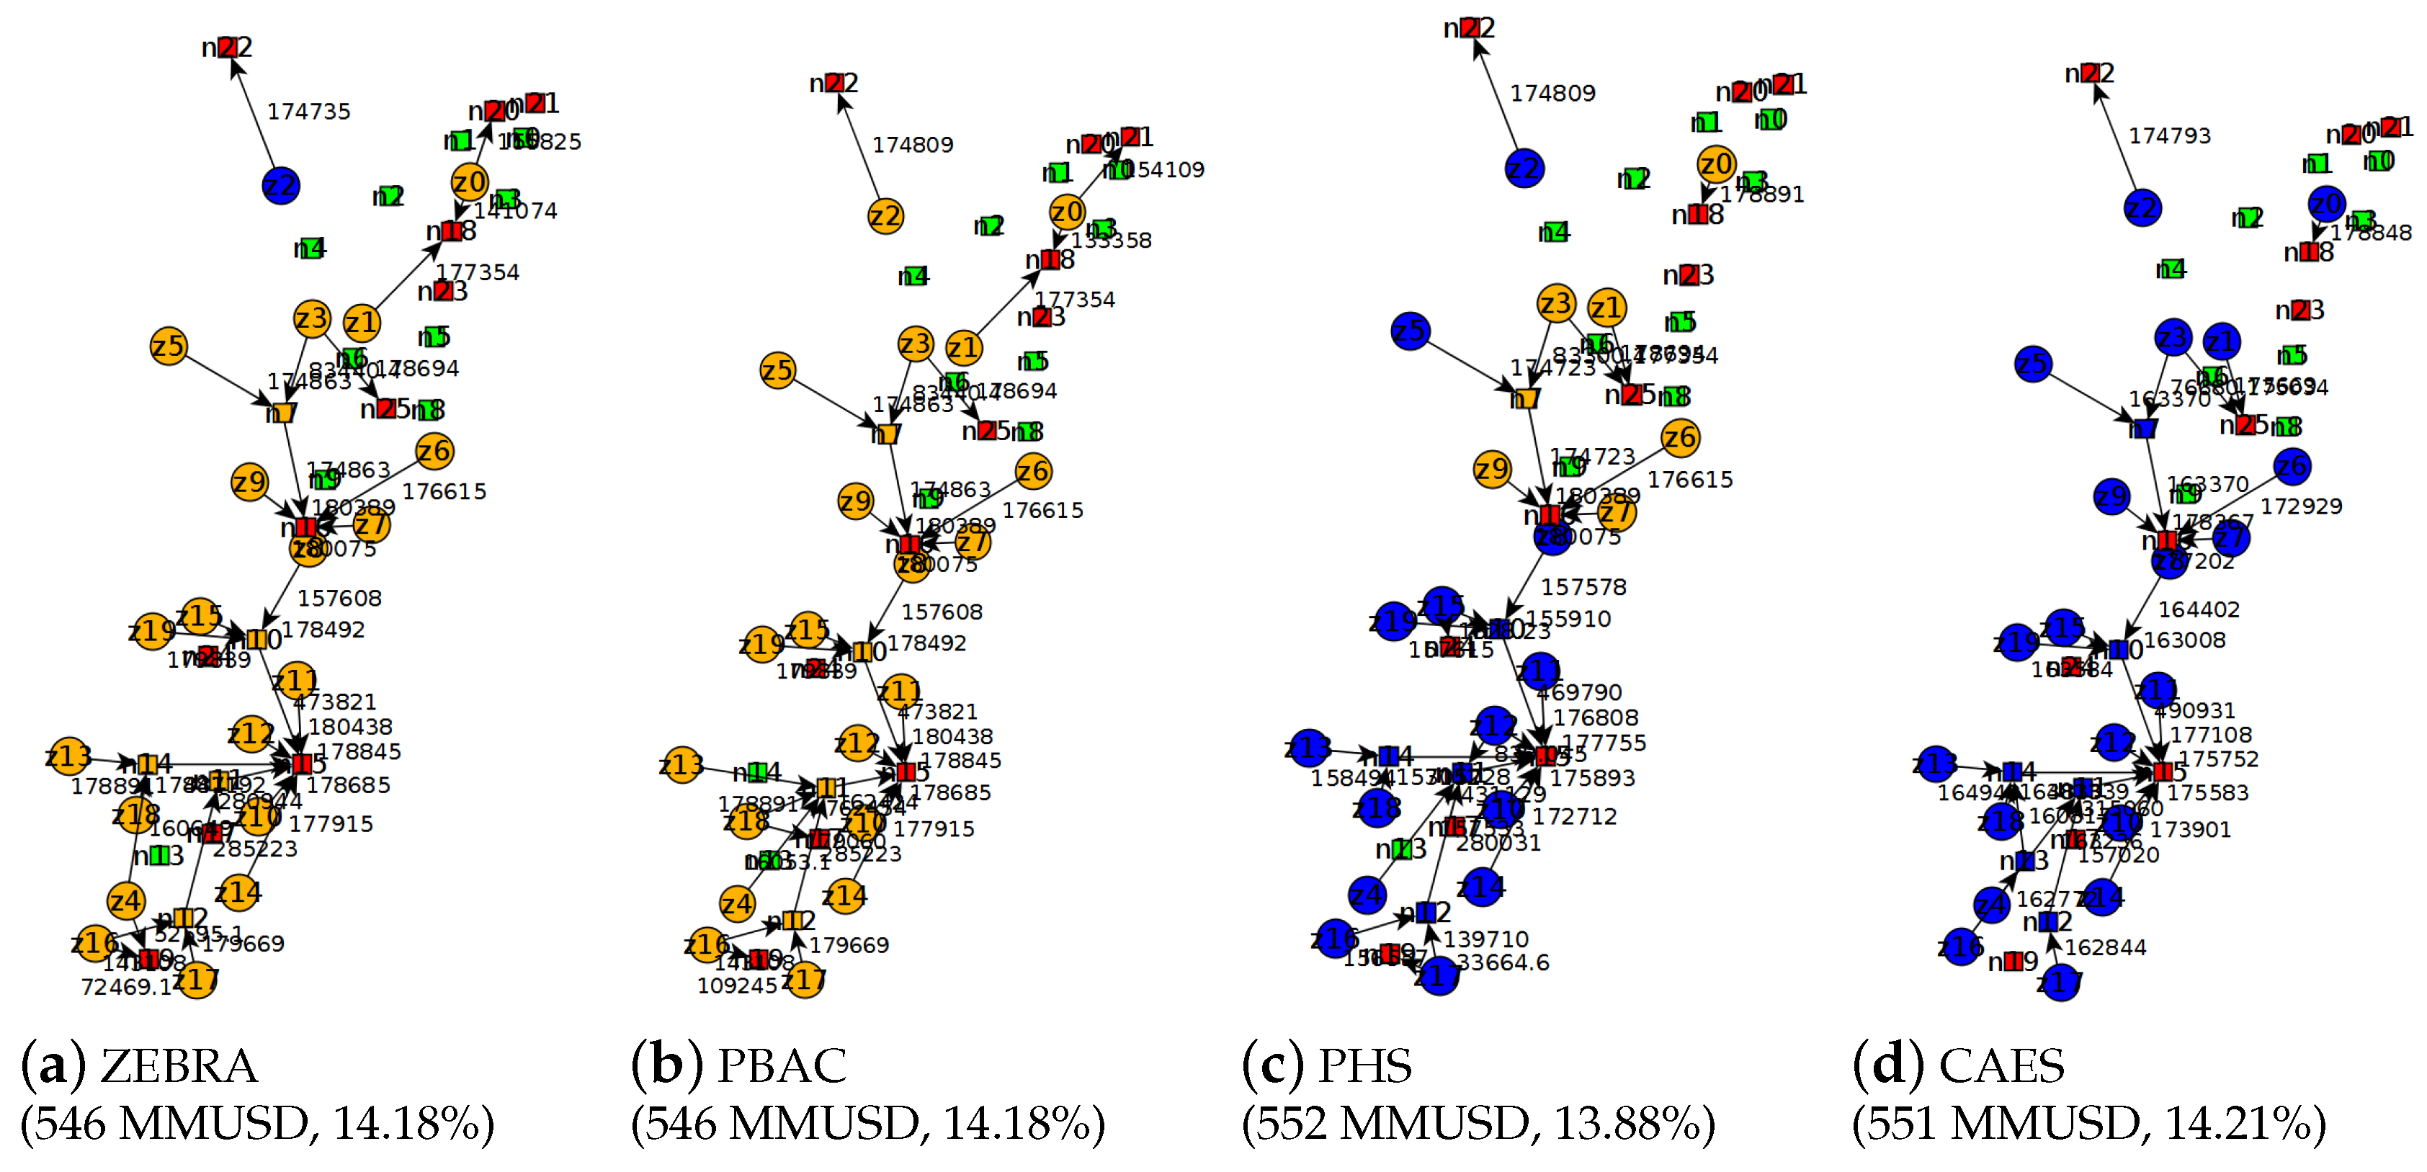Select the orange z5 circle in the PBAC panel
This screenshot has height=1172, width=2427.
tap(777, 370)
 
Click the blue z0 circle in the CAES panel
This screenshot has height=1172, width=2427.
tap(2326, 204)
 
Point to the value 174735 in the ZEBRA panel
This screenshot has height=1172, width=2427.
tap(309, 111)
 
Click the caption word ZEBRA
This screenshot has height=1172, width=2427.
tap(179, 1067)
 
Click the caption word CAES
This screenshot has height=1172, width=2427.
tap(2001, 1067)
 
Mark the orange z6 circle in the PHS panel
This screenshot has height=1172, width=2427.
tap(1680, 437)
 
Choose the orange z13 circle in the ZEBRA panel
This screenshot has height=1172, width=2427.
tap(68, 756)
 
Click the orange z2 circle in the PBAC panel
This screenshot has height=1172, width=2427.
tap(885, 217)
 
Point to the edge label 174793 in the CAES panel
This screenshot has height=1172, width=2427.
tap(2170, 135)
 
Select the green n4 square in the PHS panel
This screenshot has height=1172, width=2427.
tap(1555, 232)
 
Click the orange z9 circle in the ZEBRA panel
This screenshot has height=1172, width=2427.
tap(250, 483)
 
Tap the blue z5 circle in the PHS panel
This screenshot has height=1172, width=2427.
tap(1410, 331)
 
